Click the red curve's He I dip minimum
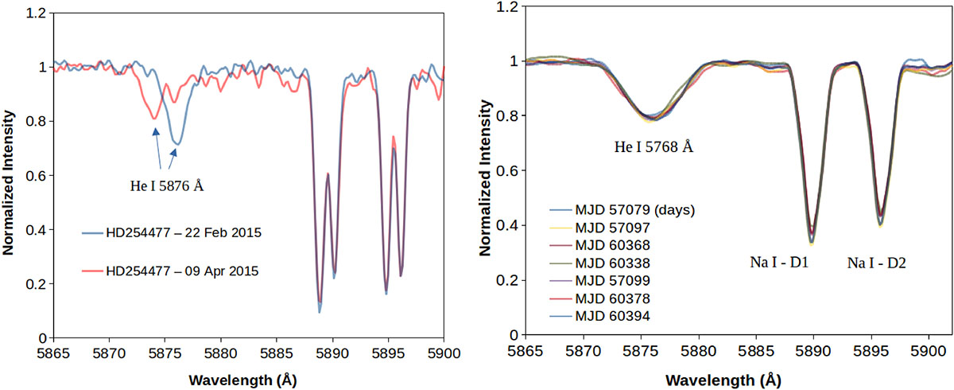[154, 119]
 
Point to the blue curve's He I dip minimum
[178, 145]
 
